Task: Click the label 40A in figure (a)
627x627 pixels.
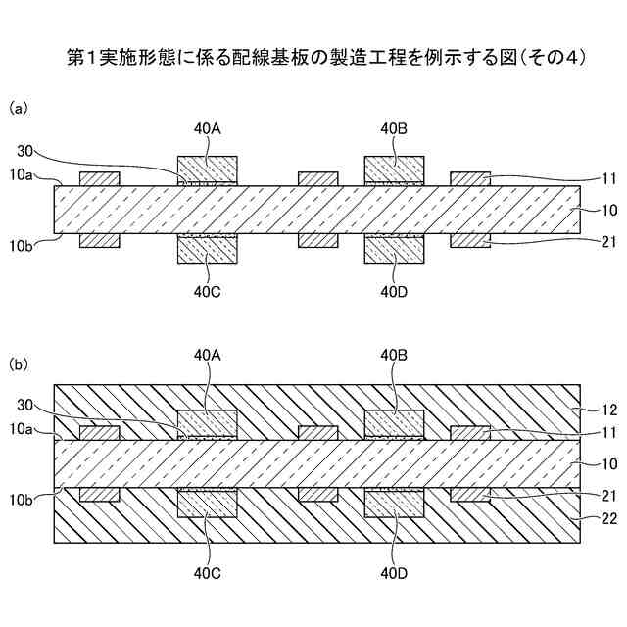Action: [x=207, y=128]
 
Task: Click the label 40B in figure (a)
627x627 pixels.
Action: [x=394, y=128]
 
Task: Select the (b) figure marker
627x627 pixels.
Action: [x=19, y=363]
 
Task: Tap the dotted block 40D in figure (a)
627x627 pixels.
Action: [x=394, y=249]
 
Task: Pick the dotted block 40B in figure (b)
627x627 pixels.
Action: [x=394, y=421]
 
